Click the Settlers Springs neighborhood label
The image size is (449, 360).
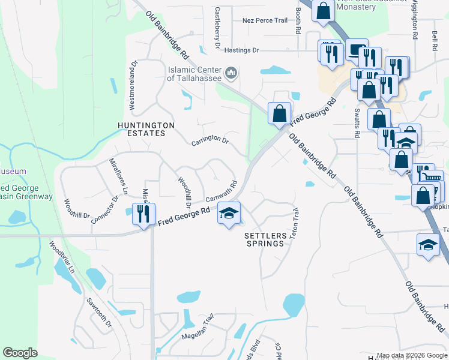[264, 239]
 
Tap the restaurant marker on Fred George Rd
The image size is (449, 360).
[143, 214]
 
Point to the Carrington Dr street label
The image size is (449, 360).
[210, 142]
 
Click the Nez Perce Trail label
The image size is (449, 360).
[265, 20]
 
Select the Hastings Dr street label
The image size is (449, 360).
[242, 51]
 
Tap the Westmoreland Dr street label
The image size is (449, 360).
[134, 85]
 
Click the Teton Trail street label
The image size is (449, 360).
[294, 224]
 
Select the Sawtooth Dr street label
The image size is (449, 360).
[100, 313]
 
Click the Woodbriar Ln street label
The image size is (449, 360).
[61, 257]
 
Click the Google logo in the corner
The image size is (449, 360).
[20, 353]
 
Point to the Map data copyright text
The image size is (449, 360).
[411, 356]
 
